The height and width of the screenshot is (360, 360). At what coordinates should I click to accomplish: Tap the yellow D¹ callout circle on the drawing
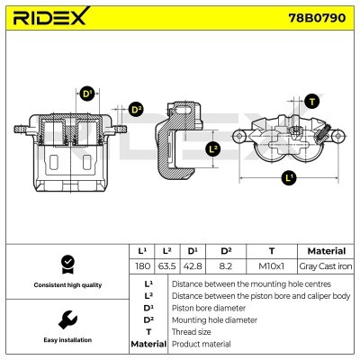point(87,93)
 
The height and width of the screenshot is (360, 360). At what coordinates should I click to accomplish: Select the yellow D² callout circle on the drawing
point(136,110)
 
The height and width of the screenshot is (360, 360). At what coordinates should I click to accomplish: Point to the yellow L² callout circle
point(213,147)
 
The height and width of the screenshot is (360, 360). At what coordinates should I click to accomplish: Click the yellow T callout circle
point(310,101)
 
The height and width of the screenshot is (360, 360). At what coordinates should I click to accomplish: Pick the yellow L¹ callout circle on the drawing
point(288,177)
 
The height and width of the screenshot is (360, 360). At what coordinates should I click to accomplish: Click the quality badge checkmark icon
point(66,264)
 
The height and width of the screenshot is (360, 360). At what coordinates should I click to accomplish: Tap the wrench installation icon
point(66,319)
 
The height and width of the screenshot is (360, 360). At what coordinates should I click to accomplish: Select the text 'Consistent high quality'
point(66,285)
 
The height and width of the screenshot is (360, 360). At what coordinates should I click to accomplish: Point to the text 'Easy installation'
point(66,341)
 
